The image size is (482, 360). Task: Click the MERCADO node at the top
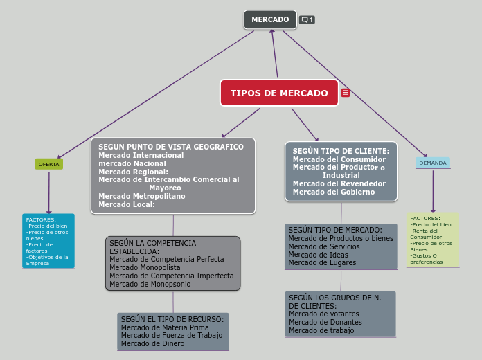(270, 20)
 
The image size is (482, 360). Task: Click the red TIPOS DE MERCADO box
(279, 93)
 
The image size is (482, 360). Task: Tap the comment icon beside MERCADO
(307, 20)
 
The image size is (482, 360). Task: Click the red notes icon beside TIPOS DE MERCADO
(346, 93)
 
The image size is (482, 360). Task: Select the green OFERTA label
(48, 164)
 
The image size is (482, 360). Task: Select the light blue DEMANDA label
(433, 163)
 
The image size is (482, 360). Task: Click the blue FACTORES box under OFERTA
(48, 241)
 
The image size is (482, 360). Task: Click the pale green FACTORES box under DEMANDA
(433, 240)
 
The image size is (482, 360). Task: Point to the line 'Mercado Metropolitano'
(142, 196)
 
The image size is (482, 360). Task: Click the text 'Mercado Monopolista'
(145, 267)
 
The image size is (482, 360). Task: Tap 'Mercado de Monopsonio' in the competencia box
(150, 284)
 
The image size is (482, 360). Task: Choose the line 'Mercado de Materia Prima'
(165, 327)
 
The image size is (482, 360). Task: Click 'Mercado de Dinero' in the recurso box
(152, 343)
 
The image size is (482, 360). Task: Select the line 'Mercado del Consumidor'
(339, 159)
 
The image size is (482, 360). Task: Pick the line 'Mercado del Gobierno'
(334, 192)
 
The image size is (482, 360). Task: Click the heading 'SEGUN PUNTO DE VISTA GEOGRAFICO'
(171, 147)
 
